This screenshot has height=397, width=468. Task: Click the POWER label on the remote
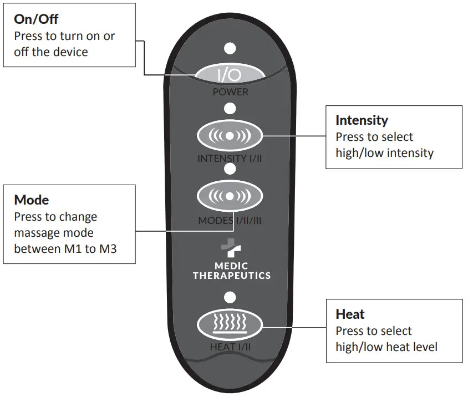(x=231, y=92)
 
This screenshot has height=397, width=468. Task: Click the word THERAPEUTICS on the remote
(x=231, y=276)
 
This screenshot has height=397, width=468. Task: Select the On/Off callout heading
(x=36, y=19)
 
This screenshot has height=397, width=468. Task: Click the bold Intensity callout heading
(x=362, y=120)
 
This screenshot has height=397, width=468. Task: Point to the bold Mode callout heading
(x=32, y=200)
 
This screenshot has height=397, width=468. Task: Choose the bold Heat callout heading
(x=350, y=314)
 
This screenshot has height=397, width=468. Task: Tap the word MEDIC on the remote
(x=231, y=266)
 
